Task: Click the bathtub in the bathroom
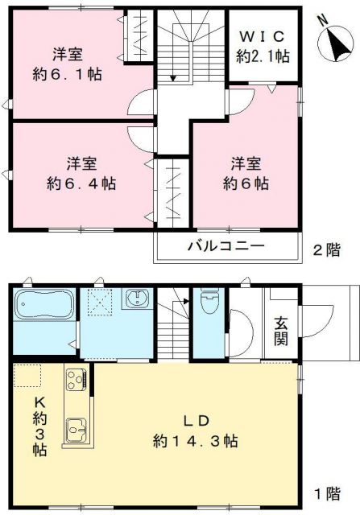click(x=44, y=308)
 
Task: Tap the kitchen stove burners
click(x=77, y=377)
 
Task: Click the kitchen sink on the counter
click(x=77, y=432)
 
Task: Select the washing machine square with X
click(x=99, y=303)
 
